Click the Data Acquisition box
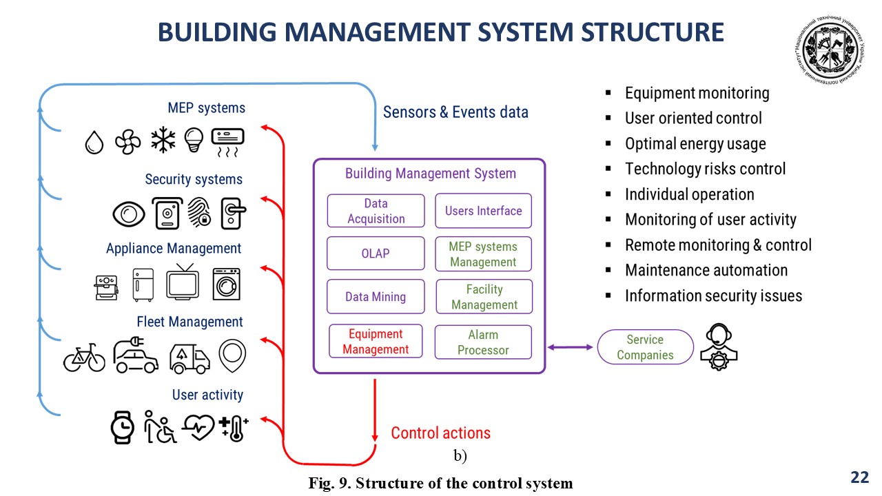pos(376,211)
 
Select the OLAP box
pos(376,254)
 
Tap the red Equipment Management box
pos(376,342)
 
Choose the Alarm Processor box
pos(483,342)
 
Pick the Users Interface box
pos(483,211)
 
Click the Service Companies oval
pos(645,347)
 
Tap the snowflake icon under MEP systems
pos(163,141)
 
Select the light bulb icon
pos(194,141)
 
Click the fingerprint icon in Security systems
pos(201,214)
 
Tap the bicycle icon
pos(84,358)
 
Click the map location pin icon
pos(232,355)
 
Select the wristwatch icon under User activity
pos(123,427)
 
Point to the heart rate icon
pos(198,428)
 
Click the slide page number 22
pos(859,477)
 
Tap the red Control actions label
pos(440,433)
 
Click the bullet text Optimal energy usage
pos(695,144)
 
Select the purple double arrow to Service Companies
pos(570,347)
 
